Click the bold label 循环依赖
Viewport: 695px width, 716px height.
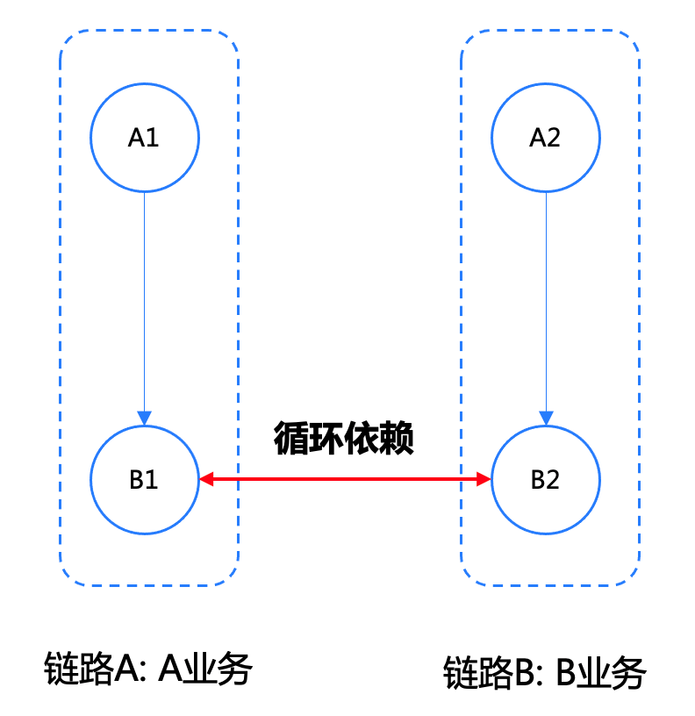click(343, 438)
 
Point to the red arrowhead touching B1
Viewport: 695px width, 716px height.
click(206, 479)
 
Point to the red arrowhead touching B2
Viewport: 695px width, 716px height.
click(484, 479)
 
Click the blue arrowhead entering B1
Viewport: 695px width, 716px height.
click(144, 418)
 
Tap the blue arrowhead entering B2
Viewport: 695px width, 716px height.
click(546, 418)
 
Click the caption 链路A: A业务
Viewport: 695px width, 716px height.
click(148, 669)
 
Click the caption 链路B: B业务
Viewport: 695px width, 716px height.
click(545, 672)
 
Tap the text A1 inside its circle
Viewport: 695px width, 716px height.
click(143, 138)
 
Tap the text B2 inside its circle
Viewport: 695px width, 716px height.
click(545, 479)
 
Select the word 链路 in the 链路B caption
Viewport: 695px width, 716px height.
click(478, 672)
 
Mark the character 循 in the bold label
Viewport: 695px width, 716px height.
click(290, 438)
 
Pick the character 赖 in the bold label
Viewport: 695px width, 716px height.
click(397, 438)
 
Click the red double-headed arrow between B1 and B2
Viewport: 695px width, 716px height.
click(345, 479)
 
